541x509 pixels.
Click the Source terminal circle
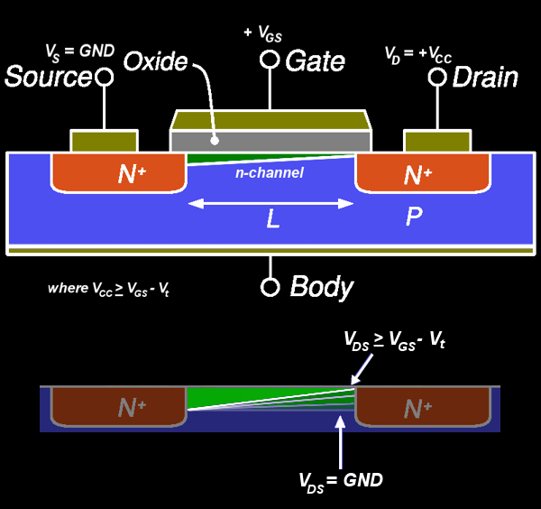pos(105,77)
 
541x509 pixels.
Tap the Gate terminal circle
pos(270,60)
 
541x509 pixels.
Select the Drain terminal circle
pos(437,77)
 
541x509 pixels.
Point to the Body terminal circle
pos(270,287)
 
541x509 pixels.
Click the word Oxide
pos(156,61)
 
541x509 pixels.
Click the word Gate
pos(315,61)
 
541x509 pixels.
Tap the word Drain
pos(485,78)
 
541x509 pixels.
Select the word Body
pos(322,287)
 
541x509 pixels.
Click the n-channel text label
pos(270,172)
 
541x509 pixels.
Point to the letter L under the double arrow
pos(273,218)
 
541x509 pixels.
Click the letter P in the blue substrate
pos(414,217)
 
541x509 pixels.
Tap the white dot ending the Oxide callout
pos(215,141)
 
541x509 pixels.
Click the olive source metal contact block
pos(105,141)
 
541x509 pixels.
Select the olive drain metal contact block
pos(437,141)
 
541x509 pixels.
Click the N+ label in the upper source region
pos(132,174)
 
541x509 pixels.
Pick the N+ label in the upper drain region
pos(417,174)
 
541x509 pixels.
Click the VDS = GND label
pos(341,482)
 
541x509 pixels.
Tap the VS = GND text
pos(80,53)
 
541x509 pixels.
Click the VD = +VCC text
pos(418,55)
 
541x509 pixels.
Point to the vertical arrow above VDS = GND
pos(340,442)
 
